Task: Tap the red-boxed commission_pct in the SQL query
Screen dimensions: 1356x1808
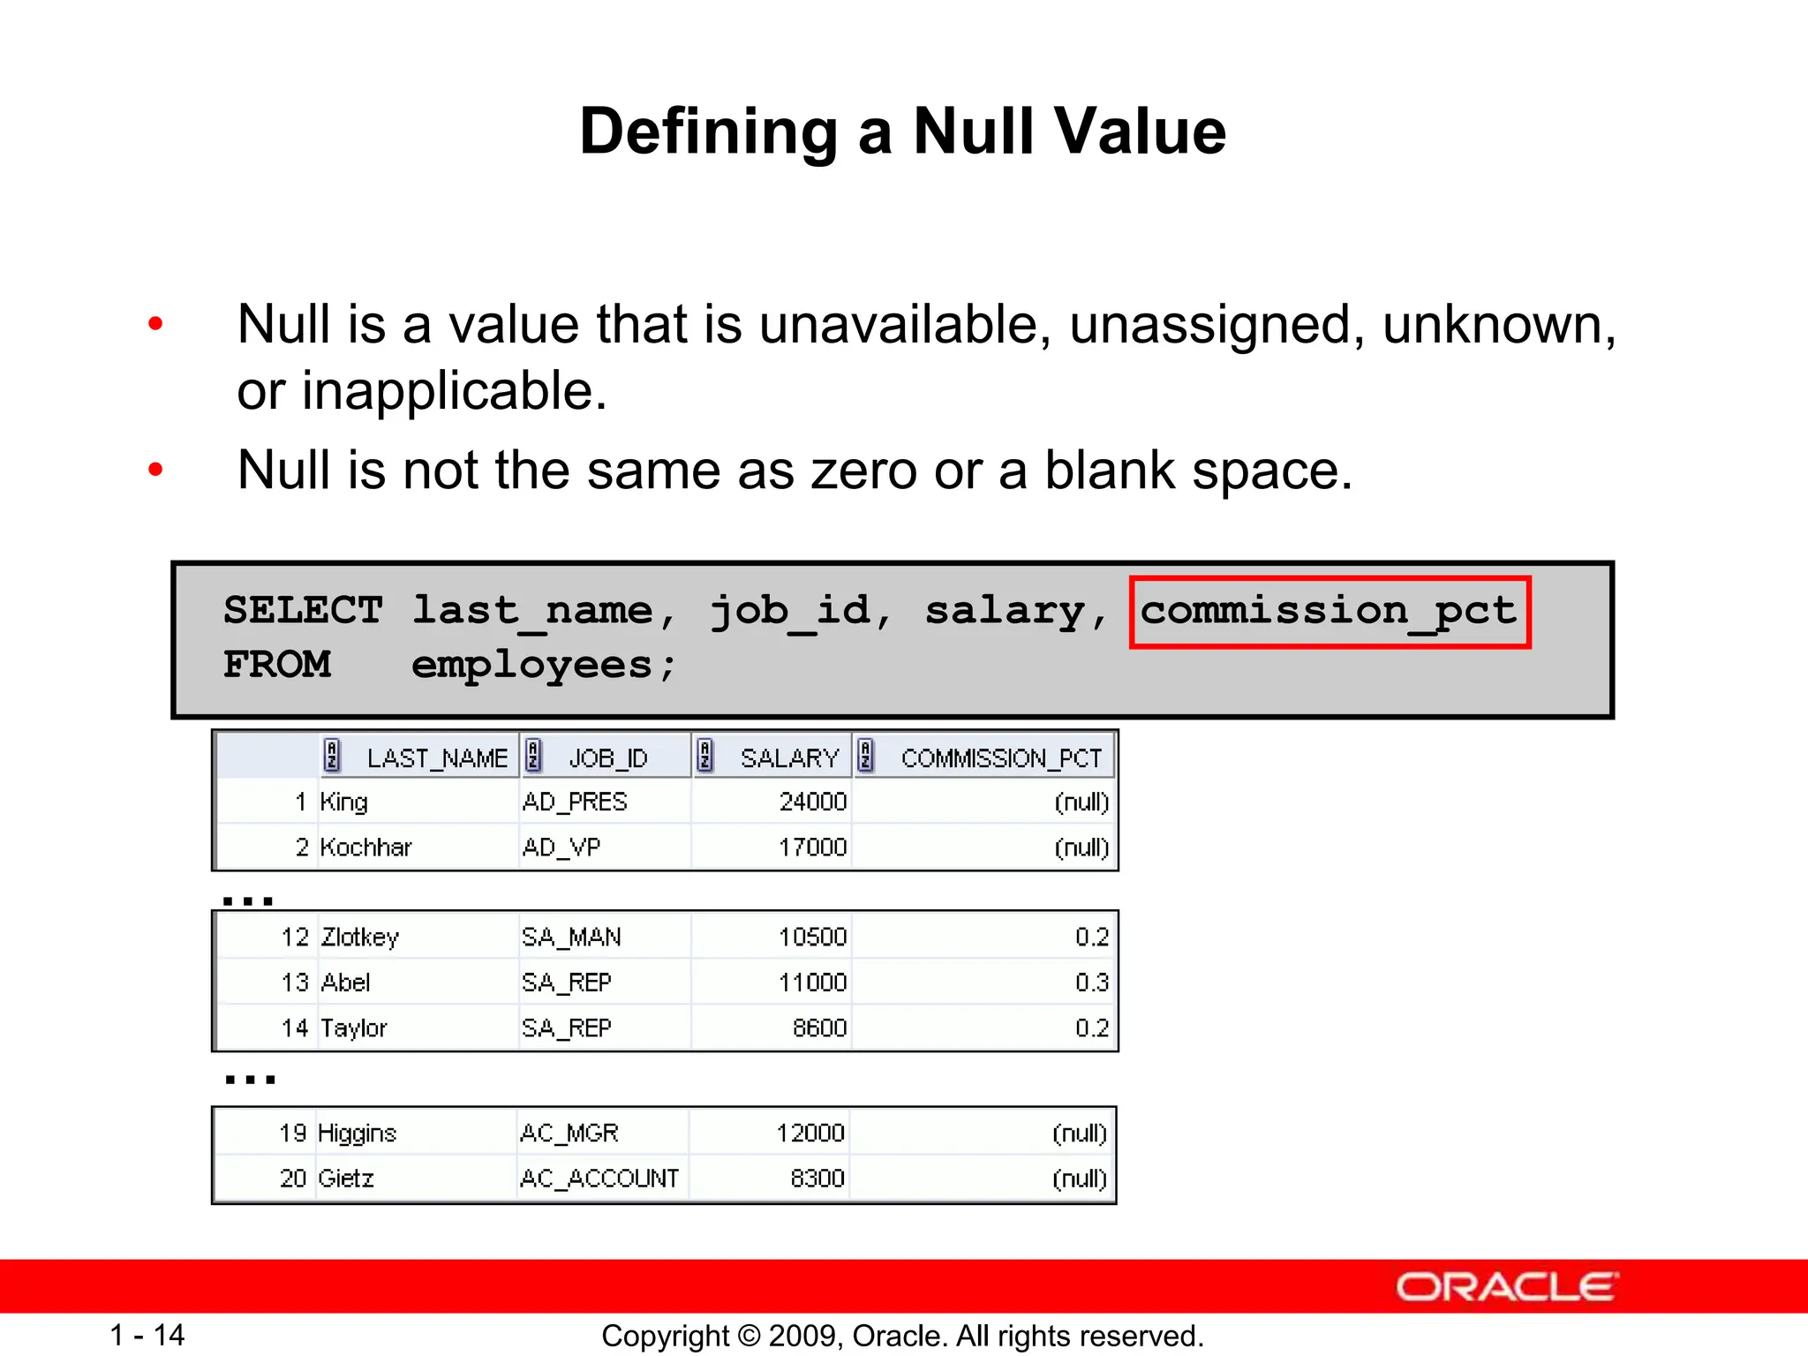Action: coord(1329,612)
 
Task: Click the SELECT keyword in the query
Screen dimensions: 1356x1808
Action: coord(303,610)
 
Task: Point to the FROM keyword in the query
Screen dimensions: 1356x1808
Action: coord(277,665)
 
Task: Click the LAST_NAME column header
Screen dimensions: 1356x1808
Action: coord(436,757)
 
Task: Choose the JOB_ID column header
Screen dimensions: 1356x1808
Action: coord(607,757)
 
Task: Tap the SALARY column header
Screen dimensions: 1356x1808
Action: coord(789,757)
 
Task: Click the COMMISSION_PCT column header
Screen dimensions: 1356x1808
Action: coord(1000,757)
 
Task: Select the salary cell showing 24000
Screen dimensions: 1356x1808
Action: coord(812,802)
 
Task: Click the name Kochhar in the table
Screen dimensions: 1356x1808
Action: coord(365,847)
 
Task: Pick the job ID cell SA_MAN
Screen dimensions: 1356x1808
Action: coord(571,937)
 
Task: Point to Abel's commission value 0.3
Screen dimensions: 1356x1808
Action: coord(1091,983)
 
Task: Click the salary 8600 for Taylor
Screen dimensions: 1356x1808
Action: coord(819,1028)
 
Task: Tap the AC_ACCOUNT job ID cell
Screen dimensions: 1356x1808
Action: coord(599,1179)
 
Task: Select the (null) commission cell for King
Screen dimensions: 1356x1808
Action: coord(1081,802)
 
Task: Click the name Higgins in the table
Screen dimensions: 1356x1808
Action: coord(357,1133)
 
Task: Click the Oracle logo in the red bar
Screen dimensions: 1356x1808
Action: coord(1506,1287)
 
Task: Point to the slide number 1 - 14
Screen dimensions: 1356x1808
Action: coord(147,1335)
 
